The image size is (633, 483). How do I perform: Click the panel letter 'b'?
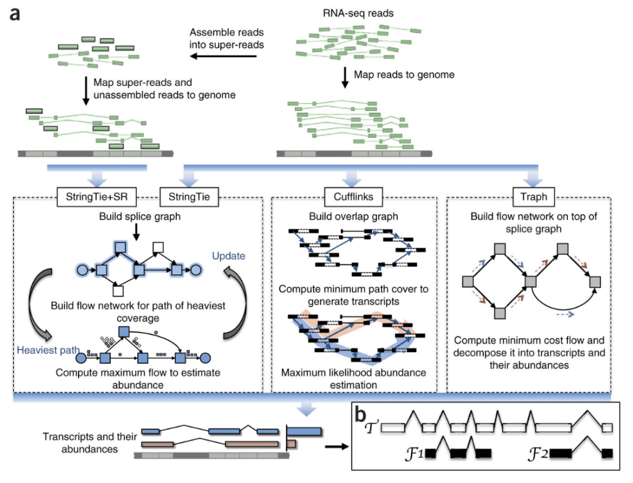pos(363,416)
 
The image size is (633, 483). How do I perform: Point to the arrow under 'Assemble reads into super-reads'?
pos(222,57)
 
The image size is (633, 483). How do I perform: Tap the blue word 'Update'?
pos(228,255)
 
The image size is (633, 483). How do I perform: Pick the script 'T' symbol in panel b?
pos(371,426)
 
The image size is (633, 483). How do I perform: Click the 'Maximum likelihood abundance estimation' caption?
pos(353,378)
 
